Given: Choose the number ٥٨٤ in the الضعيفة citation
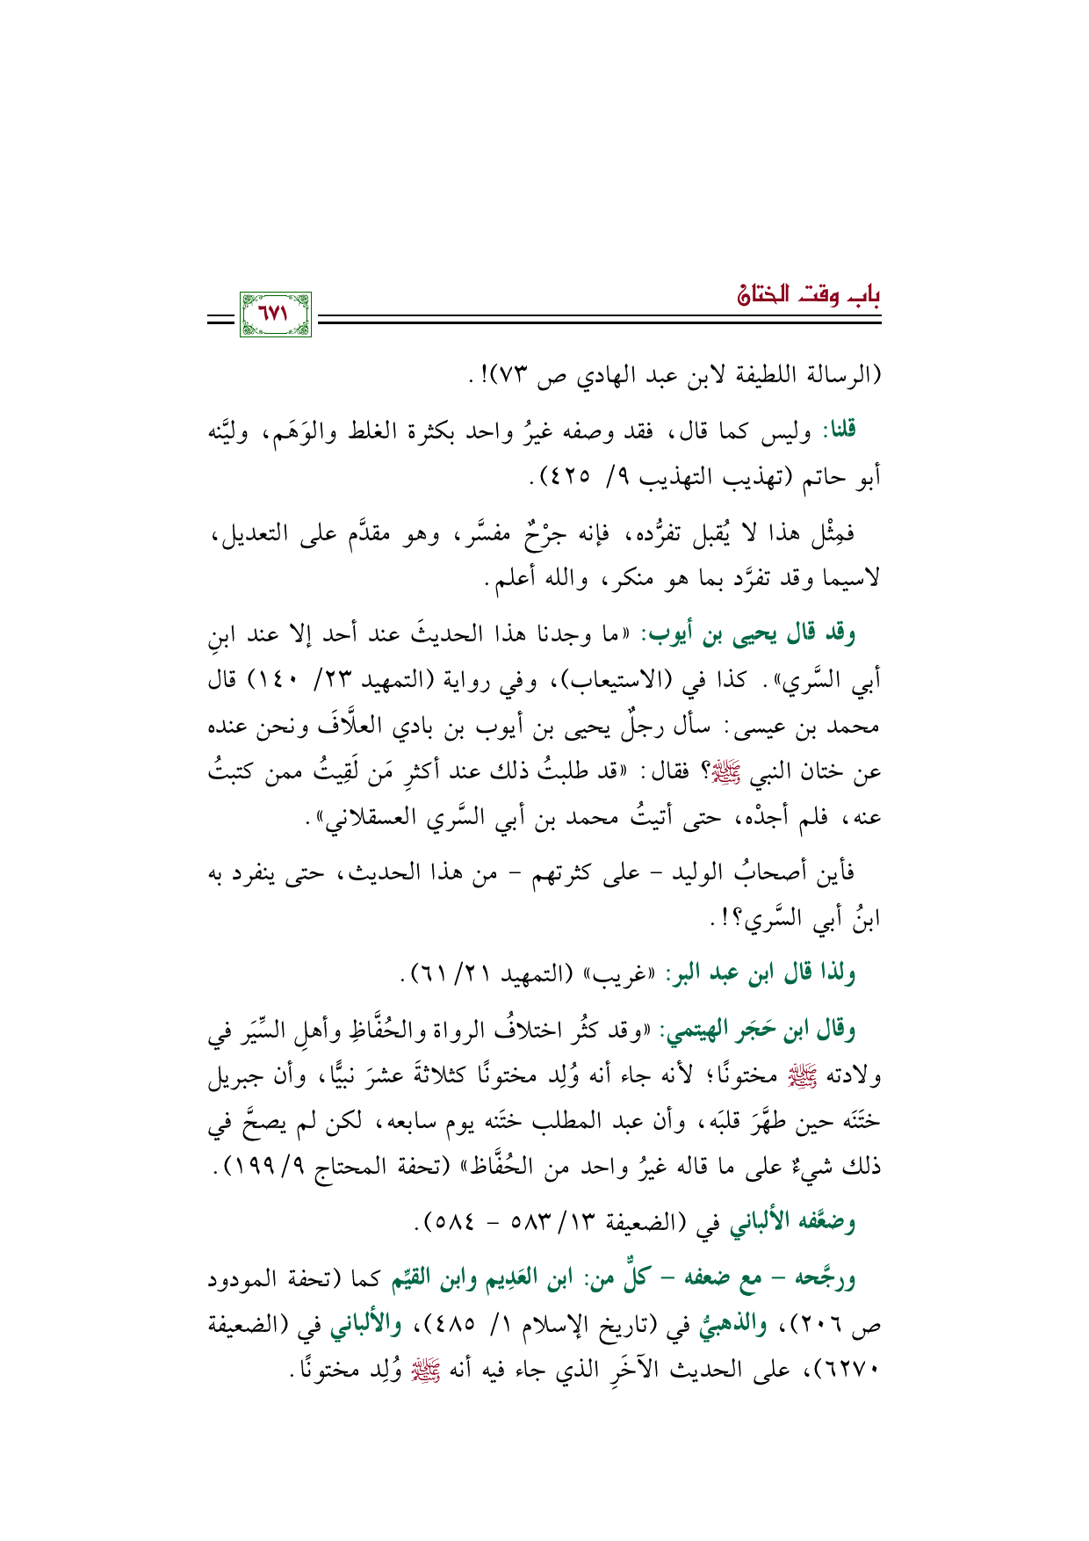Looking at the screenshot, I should pos(456,1223).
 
